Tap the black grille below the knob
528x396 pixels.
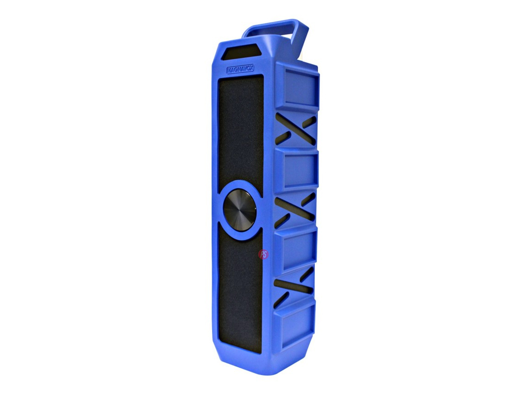(240, 294)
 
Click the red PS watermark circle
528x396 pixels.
(263, 254)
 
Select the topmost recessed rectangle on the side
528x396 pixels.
(301, 87)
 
